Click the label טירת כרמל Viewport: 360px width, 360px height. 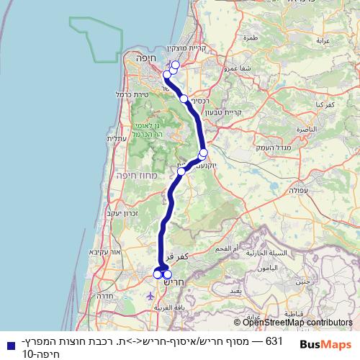click(x=132, y=94)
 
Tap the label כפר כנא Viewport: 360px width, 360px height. click(x=324, y=105)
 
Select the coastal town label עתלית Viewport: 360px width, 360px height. click(x=117, y=138)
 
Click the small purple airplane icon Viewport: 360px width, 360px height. click(x=149, y=295)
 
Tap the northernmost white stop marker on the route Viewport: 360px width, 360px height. click(x=175, y=65)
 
